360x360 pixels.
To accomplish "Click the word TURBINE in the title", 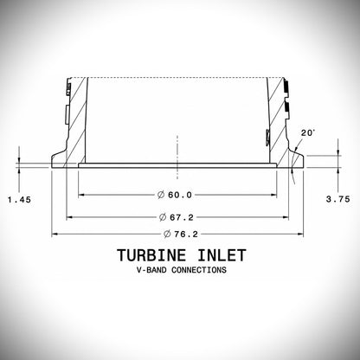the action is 151,255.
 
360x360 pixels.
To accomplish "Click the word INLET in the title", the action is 222,255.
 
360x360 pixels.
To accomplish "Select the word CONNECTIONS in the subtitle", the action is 199,270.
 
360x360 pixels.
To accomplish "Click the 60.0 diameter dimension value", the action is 180,195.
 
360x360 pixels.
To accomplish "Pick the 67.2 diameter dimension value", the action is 182,217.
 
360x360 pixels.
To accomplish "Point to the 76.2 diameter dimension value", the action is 186,234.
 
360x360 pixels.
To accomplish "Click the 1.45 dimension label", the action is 19,200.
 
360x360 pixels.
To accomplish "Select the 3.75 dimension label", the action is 338,199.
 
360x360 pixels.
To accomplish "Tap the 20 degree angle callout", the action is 308,133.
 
